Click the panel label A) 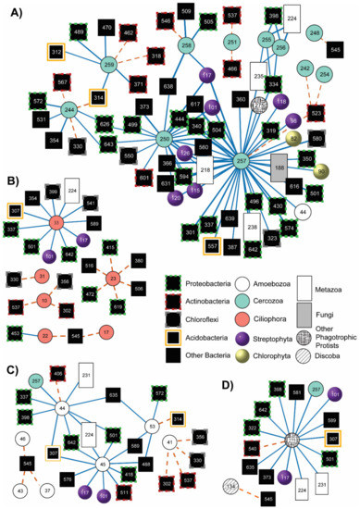point(14,12)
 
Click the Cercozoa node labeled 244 point(69,110)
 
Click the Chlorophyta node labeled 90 point(322,171)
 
